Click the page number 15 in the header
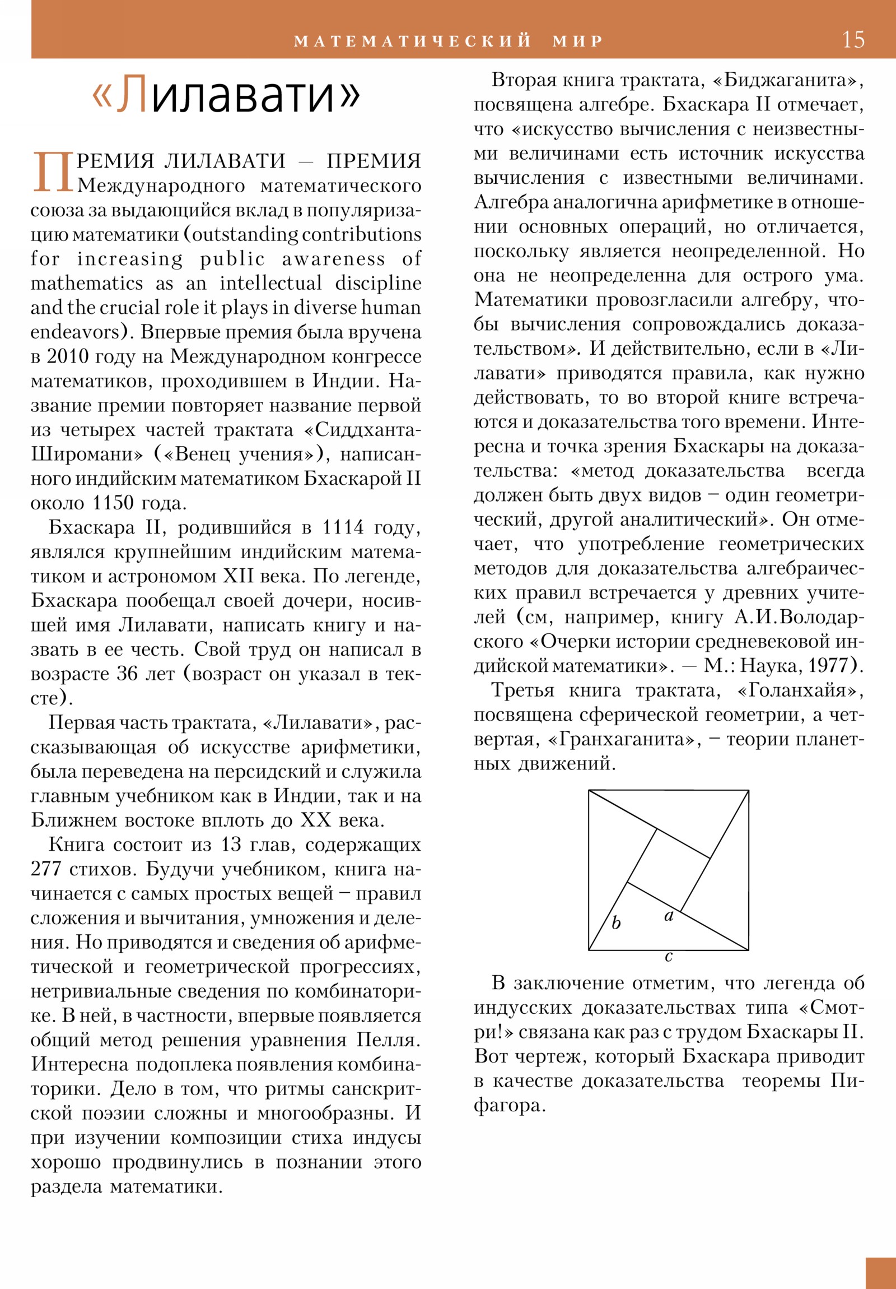[x=853, y=40]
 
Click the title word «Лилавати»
[x=226, y=94]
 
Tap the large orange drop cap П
[x=53, y=172]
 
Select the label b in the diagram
[x=616, y=922]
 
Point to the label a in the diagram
[x=669, y=916]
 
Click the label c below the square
[x=668, y=956]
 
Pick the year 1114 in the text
[x=343, y=528]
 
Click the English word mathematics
[x=86, y=283]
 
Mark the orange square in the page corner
[x=880, y=1273]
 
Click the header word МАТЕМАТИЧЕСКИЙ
[x=412, y=41]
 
